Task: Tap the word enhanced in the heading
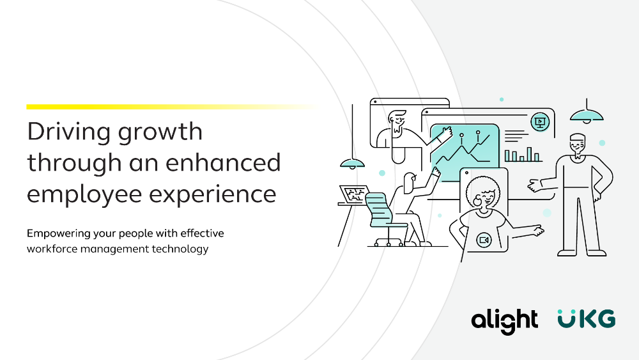tap(223, 162)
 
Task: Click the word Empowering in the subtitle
tap(59, 234)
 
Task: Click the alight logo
tap(505, 321)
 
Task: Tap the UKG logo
tap(587, 318)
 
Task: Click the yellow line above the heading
tap(171, 107)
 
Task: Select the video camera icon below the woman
tap(484, 240)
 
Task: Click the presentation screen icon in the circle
tap(540, 121)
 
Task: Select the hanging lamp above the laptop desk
tap(353, 163)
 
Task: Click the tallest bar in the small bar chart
tap(529, 154)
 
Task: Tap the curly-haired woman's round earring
tap(477, 201)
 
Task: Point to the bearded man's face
tap(397, 122)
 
